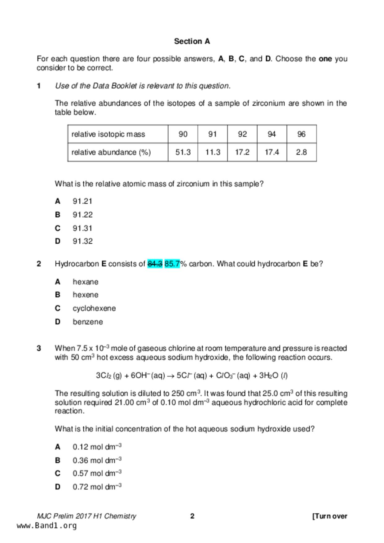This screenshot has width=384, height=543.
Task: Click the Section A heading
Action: pos(192,41)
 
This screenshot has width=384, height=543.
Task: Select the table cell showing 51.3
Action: pos(183,152)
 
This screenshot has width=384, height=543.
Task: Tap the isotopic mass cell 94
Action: pos(271,134)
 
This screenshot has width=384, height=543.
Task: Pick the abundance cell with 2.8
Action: pos(301,152)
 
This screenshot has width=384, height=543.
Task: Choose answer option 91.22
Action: pos(82,215)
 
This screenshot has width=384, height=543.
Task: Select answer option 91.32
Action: pos(82,241)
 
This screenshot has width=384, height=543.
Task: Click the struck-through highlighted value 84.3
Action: pos(155,264)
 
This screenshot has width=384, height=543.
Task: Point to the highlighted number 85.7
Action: pos(172,264)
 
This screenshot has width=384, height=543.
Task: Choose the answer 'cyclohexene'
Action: pos(94,308)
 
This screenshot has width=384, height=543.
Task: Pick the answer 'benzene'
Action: pos(88,322)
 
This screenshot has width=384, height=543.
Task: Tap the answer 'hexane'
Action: pos(86,282)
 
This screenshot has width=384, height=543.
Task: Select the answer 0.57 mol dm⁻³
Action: pos(97,473)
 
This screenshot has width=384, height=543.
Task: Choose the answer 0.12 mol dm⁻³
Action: pos(97,447)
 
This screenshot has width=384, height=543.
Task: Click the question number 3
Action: pos(39,348)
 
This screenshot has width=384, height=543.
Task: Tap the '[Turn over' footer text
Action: pos(329,516)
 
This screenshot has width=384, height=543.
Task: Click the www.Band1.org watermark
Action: pos(46,526)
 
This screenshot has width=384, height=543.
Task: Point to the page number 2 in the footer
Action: pos(192,516)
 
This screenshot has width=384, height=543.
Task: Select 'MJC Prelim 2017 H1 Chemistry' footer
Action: pos(86,516)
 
